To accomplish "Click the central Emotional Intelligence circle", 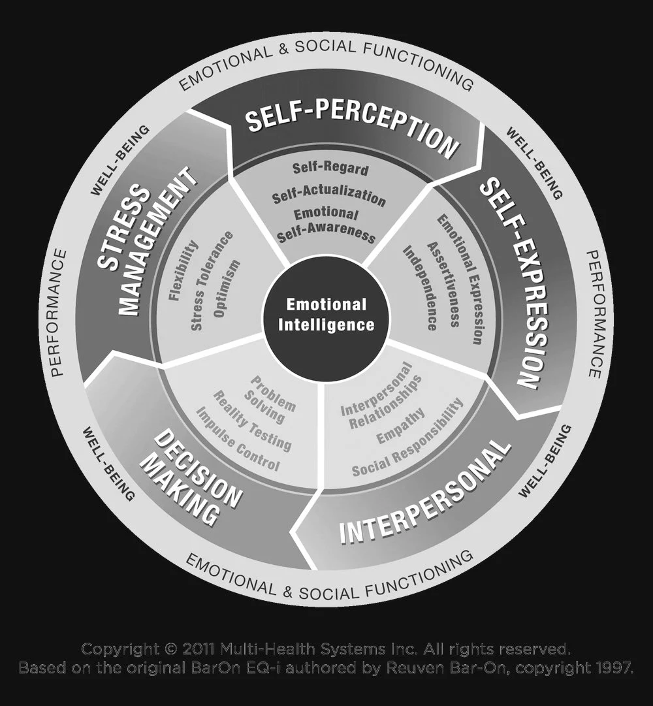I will (326, 314).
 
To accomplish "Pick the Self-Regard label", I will (330, 168).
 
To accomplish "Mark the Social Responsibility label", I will (408, 438).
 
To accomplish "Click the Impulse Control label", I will (238, 440).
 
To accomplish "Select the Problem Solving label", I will (268, 398).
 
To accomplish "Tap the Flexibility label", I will (183, 270).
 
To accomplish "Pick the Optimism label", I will (227, 288).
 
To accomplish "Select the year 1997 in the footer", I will (611, 668).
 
